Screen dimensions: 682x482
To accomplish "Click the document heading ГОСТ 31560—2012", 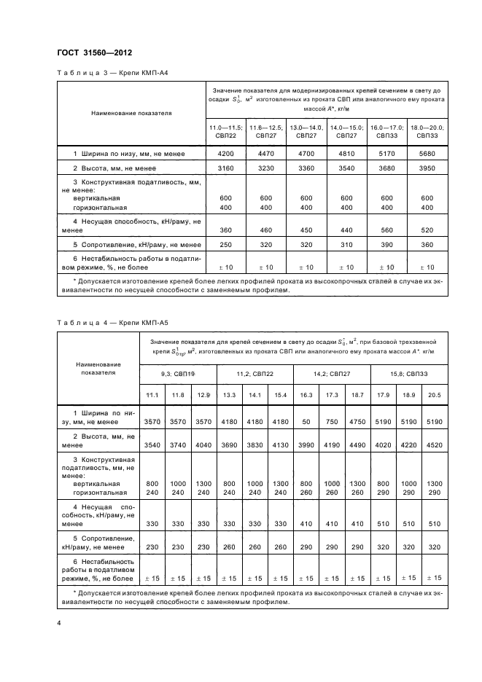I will pyautogui.click(x=93, y=52).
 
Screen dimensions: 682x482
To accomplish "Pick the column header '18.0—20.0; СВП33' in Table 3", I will pyautogui.click(x=427, y=131).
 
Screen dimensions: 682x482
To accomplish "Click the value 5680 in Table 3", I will pyautogui.click(x=427, y=154).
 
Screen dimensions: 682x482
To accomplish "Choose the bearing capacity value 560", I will pyautogui.click(x=387, y=228).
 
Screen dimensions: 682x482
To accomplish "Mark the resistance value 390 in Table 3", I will pyautogui.click(x=387, y=245).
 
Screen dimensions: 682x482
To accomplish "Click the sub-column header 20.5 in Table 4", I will pyautogui.click(x=435, y=394).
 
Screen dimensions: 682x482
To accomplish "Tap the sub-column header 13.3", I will pyautogui.click(x=230, y=394).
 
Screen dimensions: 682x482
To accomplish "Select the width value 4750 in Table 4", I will pyautogui.click(x=357, y=421).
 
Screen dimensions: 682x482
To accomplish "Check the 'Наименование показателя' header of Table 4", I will pyautogui.click(x=98, y=367).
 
